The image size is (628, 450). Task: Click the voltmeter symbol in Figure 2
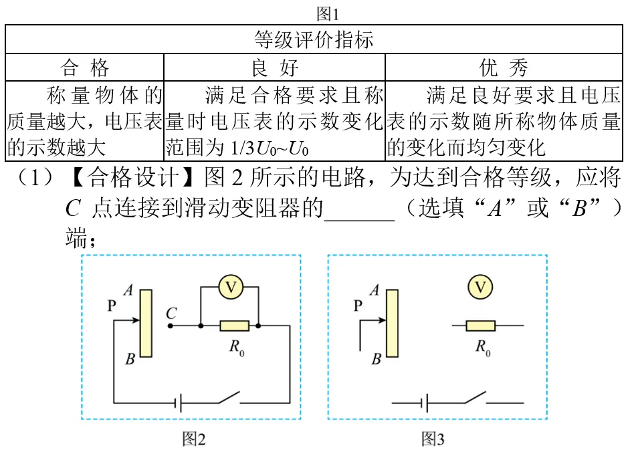(x=231, y=287)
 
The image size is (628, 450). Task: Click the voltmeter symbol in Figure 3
(x=480, y=287)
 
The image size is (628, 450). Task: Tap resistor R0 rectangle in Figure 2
(x=234, y=326)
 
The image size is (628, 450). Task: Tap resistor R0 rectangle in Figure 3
(x=481, y=326)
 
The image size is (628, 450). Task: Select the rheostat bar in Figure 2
(x=146, y=323)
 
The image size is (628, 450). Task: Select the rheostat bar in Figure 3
(x=392, y=323)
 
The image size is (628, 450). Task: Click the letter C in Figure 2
(x=171, y=313)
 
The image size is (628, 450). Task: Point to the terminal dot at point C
(x=171, y=326)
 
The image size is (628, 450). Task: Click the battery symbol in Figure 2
(x=178, y=403)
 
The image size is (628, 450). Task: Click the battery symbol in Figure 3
(x=425, y=403)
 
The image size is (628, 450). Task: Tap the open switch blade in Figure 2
(x=229, y=397)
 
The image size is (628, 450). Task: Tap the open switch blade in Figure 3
(x=475, y=397)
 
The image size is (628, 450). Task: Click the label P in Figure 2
(x=111, y=306)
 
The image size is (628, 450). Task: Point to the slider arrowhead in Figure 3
(x=382, y=320)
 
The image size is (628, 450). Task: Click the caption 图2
(x=194, y=439)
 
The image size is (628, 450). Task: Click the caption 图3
(x=433, y=439)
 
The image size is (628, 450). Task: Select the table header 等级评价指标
(x=314, y=39)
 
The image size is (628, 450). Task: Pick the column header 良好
(x=275, y=68)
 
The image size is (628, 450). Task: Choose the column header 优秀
(x=504, y=68)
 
